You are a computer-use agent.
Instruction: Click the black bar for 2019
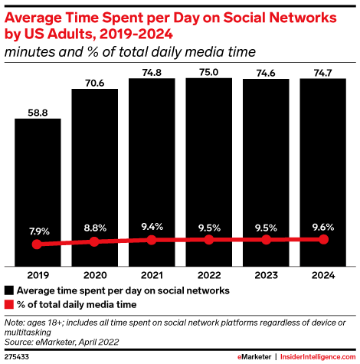pyautogui.click(x=38, y=192)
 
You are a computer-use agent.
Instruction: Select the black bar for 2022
pyautogui.click(x=209, y=172)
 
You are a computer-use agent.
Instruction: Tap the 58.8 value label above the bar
pyautogui.click(x=38, y=113)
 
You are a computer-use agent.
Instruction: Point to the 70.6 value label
pyautogui.click(x=95, y=83)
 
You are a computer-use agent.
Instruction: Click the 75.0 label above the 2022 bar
pyautogui.click(x=209, y=72)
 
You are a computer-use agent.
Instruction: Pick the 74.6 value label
pyautogui.click(x=266, y=74)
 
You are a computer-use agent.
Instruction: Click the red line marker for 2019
pyautogui.click(x=37, y=244)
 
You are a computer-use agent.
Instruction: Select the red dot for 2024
pyautogui.click(x=324, y=240)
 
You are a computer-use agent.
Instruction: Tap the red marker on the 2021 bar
pyautogui.click(x=152, y=240)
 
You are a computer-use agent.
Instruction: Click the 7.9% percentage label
pyautogui.click(x=39, y=231)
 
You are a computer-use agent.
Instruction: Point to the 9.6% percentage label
pyautogui.click(x=323, y=227)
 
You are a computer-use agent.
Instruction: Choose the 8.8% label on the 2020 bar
pyautogui.click(x=95, y=228)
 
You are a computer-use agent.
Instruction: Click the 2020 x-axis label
pyautogui.click(x=95, y=275)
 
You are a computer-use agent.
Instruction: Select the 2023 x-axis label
pyautogui.click(x=266, y=275)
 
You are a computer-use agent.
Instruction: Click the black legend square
pyautogui.click(x=9, y=290)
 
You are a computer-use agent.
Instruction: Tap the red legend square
pyautogui.click(x=9, y=304)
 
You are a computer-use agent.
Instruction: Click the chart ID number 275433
pyautogui.click(x=17, y=357)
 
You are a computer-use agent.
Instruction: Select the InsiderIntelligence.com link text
pyautogui.click(x=318, y=356)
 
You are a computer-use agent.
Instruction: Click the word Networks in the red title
pyautogui.click(x=303, y=18)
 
